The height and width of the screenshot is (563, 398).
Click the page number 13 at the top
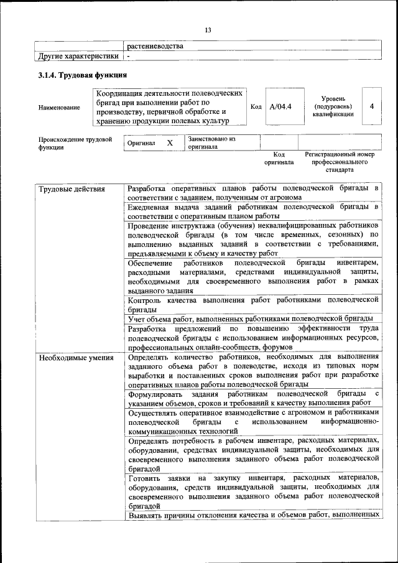208,30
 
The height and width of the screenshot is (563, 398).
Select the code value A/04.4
280,106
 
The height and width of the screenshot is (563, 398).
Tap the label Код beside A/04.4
256,106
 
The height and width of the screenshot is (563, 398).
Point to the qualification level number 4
371,106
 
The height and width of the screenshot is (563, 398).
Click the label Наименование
59,108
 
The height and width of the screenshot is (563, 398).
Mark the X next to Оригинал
170,142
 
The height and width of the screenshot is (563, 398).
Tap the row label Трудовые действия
72,188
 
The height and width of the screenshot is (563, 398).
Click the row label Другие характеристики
77,56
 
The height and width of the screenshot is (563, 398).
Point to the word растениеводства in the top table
155,46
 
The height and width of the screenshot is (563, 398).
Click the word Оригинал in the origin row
141,143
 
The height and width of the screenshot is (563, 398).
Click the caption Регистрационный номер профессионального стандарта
339,161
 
